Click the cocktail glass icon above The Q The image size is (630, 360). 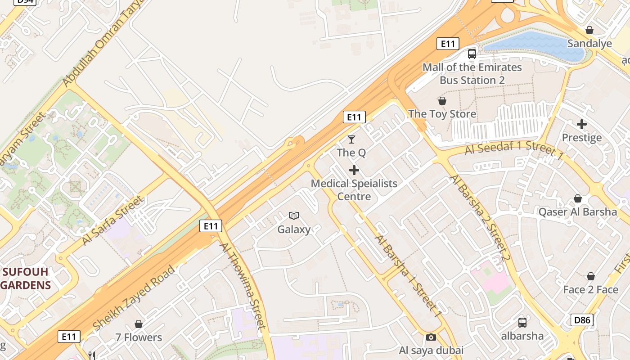[351, 139]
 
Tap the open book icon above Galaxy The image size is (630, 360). [294, 216]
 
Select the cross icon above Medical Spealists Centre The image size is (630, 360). [354, 170]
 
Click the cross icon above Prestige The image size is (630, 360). [582, 124]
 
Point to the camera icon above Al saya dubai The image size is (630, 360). [431, 337]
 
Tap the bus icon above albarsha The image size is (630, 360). [522, 322]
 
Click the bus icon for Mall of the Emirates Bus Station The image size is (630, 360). [472, 54]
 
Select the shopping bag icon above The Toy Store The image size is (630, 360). [442, 101]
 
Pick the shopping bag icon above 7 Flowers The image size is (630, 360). [139, 324]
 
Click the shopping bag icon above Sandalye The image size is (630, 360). [589, 30]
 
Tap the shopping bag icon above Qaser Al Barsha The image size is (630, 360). [578, 198]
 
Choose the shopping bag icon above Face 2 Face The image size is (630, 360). [590, 276]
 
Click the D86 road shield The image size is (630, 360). [582, 320]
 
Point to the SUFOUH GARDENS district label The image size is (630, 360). [26, 279]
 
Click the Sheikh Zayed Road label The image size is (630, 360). [134, 298]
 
